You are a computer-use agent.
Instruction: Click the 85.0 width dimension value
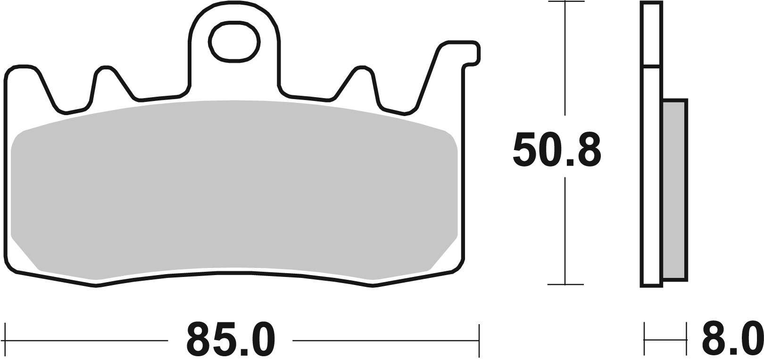coord(230,340)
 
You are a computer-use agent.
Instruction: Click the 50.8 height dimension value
coord(556,150)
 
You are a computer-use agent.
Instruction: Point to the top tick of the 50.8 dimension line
coord(565,2)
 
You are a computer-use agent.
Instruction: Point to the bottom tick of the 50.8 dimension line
coord(565,285)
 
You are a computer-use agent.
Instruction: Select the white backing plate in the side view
coord(651,179)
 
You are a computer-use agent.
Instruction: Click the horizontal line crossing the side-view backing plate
coord(651,65)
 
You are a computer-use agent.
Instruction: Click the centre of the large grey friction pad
coord(234,189)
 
